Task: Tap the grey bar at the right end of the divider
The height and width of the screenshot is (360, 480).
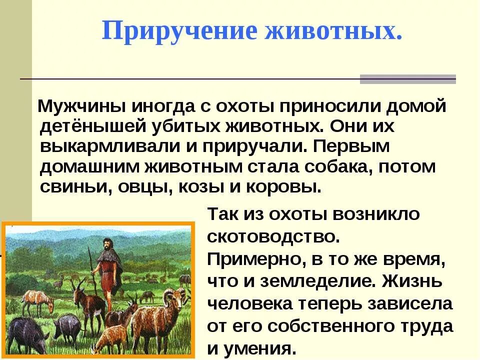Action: tap(407, 79)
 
